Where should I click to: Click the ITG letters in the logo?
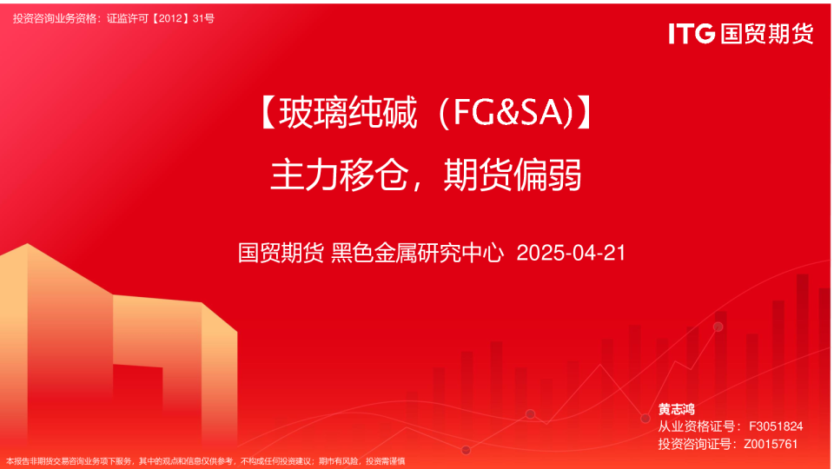click(692, 33)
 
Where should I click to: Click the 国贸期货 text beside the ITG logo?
click(766, 33)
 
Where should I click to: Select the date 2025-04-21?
click(571, 254)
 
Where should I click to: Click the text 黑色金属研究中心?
click(418, 254)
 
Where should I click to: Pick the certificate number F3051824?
click(775, 426)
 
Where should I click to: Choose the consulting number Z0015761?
click(771, 444)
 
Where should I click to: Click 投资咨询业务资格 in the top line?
click(57, 18)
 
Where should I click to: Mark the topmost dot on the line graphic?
click(718, 327)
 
